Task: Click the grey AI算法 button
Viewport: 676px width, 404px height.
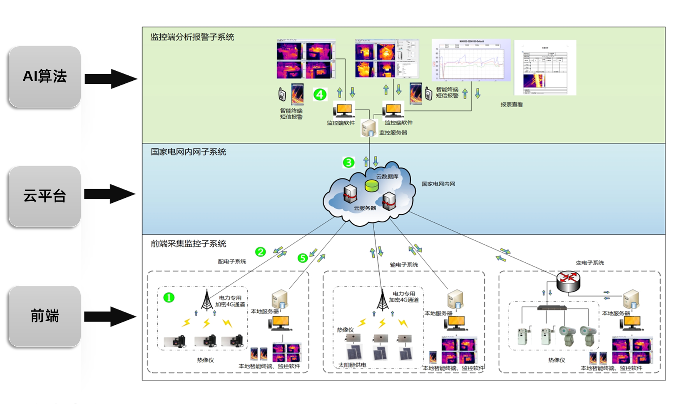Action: tap(45, 77)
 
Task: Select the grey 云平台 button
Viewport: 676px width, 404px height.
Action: tap(45, 196)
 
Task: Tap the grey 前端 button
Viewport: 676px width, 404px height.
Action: tap(45, 316)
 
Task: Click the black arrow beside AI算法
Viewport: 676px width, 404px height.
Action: tap(111, 79)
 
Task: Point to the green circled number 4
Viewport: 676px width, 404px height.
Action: tap(320, 95)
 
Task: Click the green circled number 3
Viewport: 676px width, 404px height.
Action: tap(348, 162)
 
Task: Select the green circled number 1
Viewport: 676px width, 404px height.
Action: tap(169, 297)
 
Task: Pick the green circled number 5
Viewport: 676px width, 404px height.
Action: tap(303, 258)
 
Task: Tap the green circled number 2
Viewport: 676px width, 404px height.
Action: tap(260, 252)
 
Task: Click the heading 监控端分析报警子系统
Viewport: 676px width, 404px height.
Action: tap(192, 37)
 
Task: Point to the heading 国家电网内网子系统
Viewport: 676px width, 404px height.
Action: tap(188, 152)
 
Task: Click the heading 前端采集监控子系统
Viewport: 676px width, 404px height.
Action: tap(188, 244)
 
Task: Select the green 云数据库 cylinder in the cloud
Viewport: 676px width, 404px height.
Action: tap(371, 186)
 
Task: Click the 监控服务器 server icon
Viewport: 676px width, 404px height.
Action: tap(368, 128)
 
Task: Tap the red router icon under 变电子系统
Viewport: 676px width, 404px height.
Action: tap(568, 281)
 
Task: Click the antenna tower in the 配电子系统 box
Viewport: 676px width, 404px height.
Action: tap(207, 300)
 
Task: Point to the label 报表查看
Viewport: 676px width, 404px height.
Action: tap(512, 105)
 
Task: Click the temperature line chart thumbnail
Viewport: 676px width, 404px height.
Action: tap(471, 60)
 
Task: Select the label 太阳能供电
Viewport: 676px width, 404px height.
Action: tap(352, 365)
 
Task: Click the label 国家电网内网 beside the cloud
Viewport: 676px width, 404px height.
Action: tap(438, 184)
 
